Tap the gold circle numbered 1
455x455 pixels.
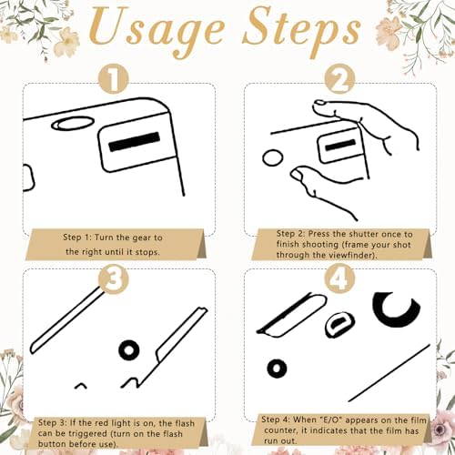[114, 78]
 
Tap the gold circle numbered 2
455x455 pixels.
[339, 78]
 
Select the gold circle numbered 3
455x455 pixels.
[114, 279]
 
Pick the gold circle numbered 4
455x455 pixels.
[339, 279]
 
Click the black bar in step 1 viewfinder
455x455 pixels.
[134, 142]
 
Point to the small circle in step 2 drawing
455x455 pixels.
[272, 157]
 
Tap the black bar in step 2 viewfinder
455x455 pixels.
[340, 145]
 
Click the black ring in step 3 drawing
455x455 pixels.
[129, 350]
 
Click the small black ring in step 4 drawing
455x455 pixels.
[277, 369]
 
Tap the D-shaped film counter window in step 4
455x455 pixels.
[339, 324]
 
